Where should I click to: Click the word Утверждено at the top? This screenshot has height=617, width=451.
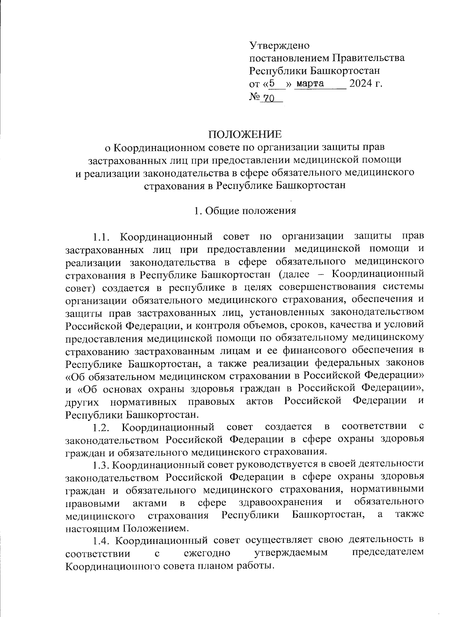(279, 46)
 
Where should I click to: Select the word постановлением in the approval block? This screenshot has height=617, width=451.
(289, 58)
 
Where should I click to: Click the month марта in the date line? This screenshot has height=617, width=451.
(310, 83)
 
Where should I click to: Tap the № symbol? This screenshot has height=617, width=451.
(255, 97)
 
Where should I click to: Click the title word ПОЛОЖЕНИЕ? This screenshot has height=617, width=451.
(245, 134)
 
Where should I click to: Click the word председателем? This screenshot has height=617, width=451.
(389, 553)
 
